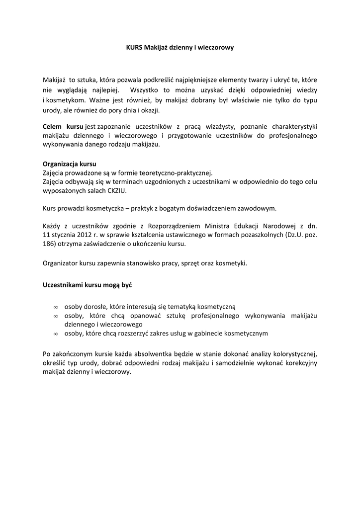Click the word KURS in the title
click(x=134, y=48)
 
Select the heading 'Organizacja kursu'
click(x=70, y=164)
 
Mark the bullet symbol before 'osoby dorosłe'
click(x=56, y=307)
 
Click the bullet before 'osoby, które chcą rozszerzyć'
click(x=56, y=334)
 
